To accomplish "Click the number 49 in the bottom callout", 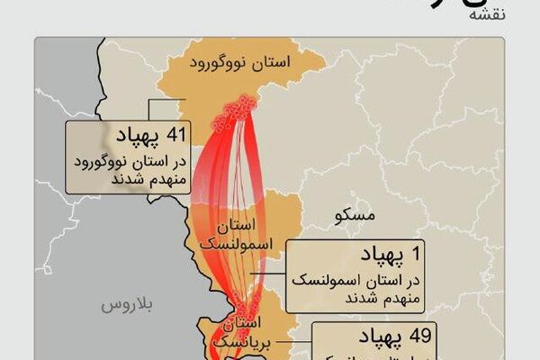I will [416, 337].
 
